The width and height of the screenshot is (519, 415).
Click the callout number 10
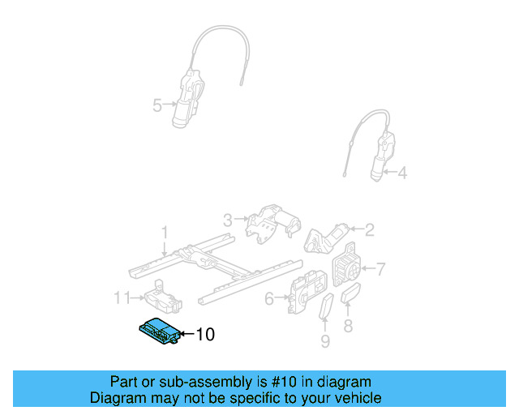206,334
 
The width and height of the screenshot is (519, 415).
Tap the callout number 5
157,104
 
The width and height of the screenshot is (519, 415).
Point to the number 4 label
402,172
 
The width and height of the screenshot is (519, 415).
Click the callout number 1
165,233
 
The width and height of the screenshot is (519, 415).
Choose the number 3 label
228,219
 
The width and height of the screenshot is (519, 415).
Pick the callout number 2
369,230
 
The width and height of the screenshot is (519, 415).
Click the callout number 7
381,267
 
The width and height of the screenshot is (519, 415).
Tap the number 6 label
269,298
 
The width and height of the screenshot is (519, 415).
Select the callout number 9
325,341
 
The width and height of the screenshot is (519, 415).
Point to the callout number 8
349,326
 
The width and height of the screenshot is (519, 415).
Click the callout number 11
122,297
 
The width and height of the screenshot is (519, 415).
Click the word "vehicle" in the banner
356,398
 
